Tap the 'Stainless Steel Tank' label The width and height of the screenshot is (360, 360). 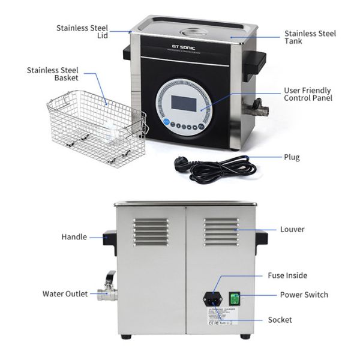310,38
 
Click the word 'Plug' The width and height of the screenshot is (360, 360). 292,157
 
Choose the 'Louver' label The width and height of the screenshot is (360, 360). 292,229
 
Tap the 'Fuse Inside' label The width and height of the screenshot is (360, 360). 287,275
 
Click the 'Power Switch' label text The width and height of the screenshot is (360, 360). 304,295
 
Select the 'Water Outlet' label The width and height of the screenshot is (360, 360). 65,294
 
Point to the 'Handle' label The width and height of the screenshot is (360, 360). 74,237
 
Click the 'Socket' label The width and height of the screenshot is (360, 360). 280,320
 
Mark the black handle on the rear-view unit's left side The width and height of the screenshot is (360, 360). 109,239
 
